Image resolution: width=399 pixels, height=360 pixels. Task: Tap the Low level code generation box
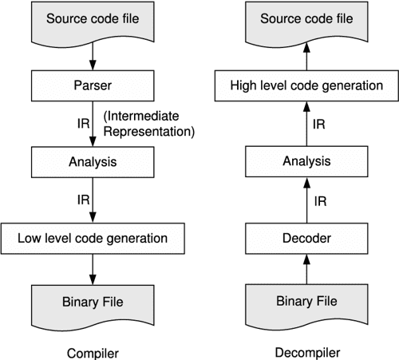(x=94, y=237)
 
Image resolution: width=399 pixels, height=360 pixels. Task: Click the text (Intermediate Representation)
(x=149, y=123)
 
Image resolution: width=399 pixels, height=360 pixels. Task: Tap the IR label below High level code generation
(x=317, y=123)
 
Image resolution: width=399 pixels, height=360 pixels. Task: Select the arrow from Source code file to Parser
(x=94, y=54)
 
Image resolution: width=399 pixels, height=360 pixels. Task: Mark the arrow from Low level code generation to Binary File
(x=94, y=266)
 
